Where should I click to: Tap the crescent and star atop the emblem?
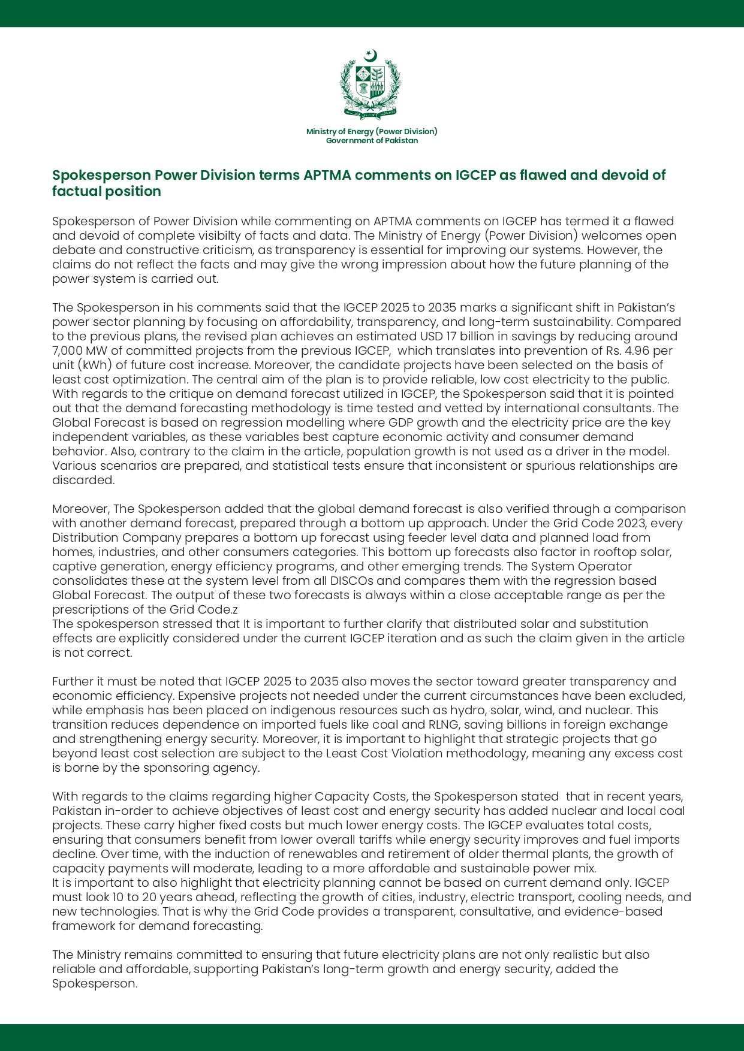pyautogui.click(x=371, y=56)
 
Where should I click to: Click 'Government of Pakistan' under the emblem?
pyautogui.click(x=372, y=141)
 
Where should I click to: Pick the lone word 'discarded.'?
pyautogui.click(x=83, y=480)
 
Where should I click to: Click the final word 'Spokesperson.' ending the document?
pyautogui.click(x=95, y=983)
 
